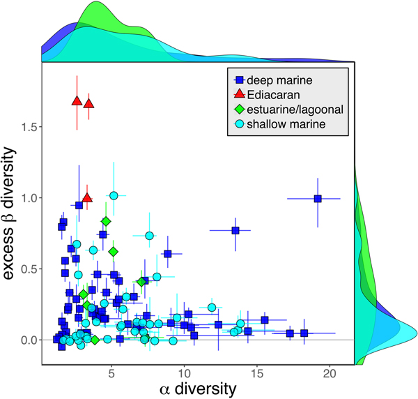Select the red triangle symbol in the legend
tap(239, 95)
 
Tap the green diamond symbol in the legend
tap(239, 110)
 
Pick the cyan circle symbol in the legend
tap(239, 124)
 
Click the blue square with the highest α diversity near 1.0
tap(318, 198)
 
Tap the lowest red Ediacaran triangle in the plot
tap(87, 197)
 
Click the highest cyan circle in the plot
tap(114, 195)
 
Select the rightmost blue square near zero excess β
tap(304, 333)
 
